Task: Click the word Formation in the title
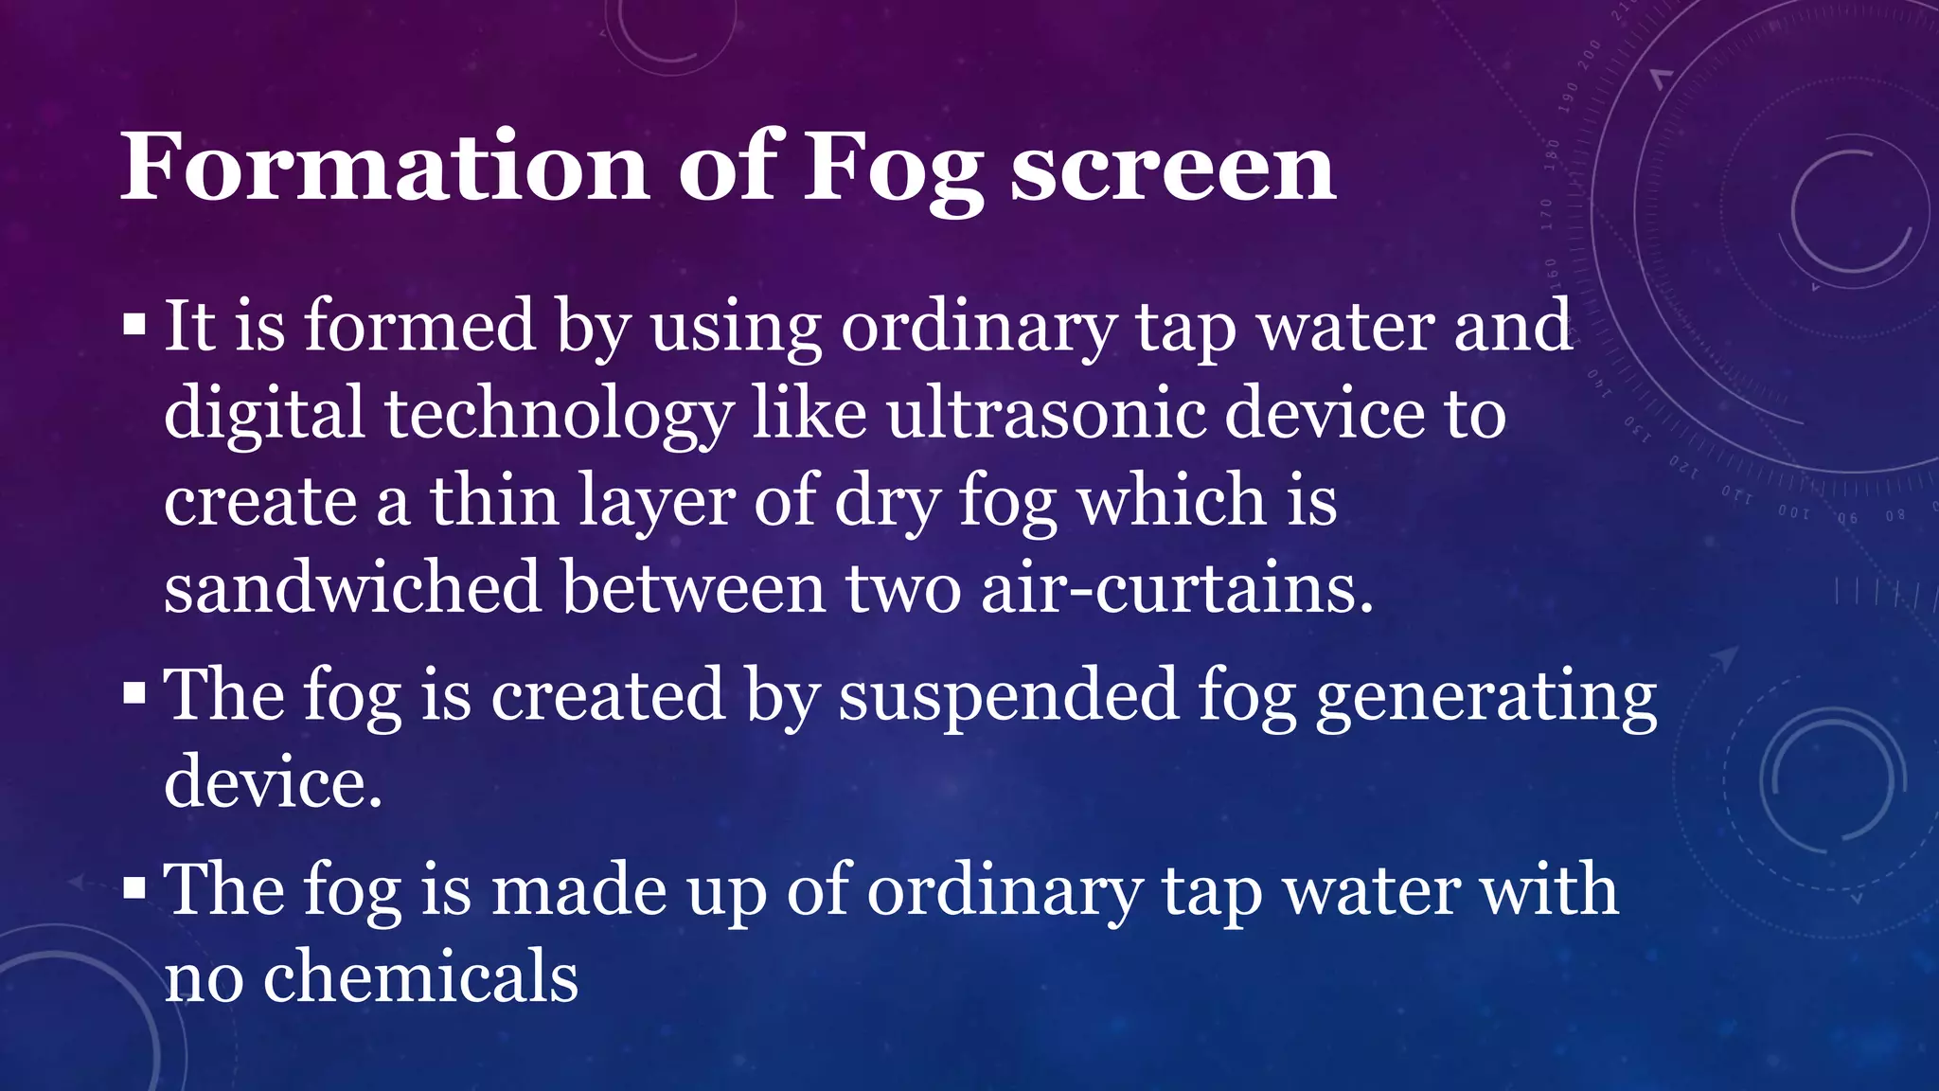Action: pyautogui.click(x=384, y=167)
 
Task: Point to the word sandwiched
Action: pyautogui.click(x=352, y=587)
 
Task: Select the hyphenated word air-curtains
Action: pyautogui.click(x=1177, y=587)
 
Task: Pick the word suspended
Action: pyautogui.click(x=1008, y=694)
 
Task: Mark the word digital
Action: pyautogui.click(x=264, y=414)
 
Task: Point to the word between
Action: pyautogui.click(x=694, y=587)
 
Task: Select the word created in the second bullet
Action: pyautogui.click(x=608, y=694)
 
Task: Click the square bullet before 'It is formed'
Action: pyautogui.click(x=134, y=327)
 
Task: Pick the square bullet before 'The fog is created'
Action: pyautogui.click(x=134, y=694)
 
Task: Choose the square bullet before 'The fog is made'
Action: pyautogui.click(x=134, y=889)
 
